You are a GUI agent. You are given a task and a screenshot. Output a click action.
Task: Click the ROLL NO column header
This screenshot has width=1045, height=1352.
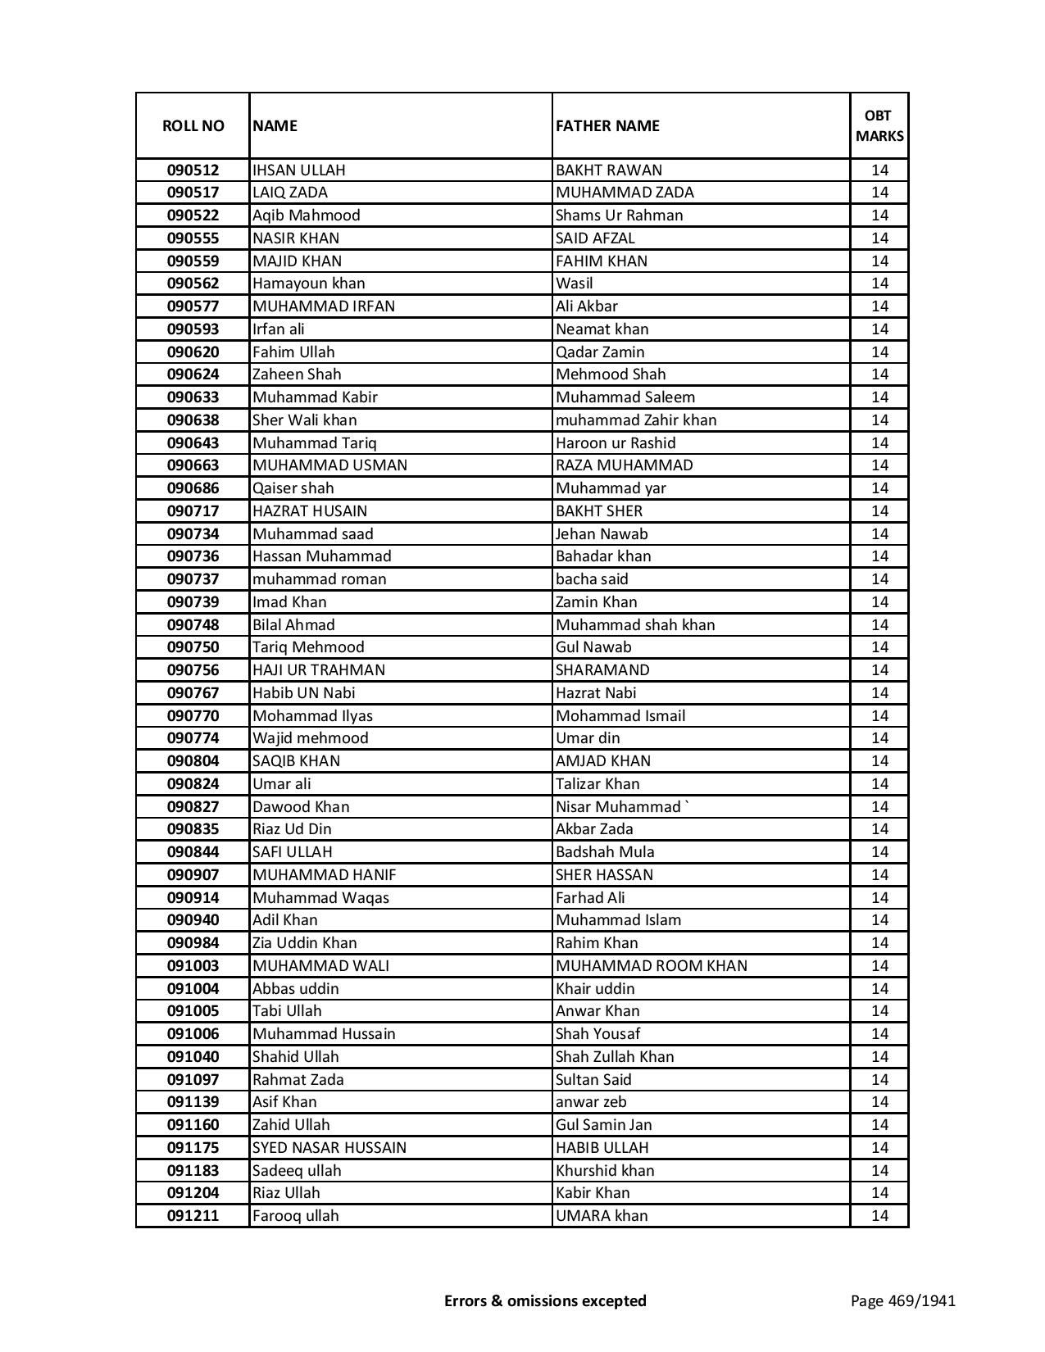193,125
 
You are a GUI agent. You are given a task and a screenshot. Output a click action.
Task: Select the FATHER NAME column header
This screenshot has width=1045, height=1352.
607,125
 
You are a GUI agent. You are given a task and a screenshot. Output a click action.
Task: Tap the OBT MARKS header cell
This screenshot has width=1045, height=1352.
879,125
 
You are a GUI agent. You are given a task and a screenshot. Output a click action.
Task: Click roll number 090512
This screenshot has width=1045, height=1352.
193,170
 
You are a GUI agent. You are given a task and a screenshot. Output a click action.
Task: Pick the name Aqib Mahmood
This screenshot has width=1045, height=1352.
306,216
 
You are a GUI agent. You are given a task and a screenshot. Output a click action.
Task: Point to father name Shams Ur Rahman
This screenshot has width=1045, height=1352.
619,216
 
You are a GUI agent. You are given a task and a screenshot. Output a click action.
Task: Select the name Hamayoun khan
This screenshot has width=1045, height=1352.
308,284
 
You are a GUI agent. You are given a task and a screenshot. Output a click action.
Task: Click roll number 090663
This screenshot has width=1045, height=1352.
193,465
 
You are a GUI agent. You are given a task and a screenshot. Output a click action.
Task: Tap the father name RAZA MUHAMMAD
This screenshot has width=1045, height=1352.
624,465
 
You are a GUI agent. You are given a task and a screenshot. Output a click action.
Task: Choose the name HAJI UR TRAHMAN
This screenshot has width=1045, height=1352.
318,670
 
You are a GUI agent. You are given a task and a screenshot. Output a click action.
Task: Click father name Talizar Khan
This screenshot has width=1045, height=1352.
597,784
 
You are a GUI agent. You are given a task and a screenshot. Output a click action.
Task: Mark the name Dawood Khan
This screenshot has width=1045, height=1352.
301,807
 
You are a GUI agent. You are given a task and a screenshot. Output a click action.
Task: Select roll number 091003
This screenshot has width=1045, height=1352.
193,966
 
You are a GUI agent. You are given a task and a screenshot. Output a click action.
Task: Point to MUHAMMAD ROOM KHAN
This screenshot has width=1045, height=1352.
651,966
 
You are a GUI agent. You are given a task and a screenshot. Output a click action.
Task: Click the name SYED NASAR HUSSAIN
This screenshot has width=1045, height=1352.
329,1148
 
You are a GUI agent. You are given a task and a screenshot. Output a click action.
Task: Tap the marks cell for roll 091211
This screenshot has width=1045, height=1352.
879,1216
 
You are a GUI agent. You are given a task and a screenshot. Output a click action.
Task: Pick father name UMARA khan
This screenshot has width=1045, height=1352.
601,1216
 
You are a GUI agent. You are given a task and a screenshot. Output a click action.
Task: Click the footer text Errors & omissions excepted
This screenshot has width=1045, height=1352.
545,1300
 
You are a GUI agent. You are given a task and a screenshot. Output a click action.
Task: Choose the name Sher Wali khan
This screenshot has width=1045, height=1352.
304,420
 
